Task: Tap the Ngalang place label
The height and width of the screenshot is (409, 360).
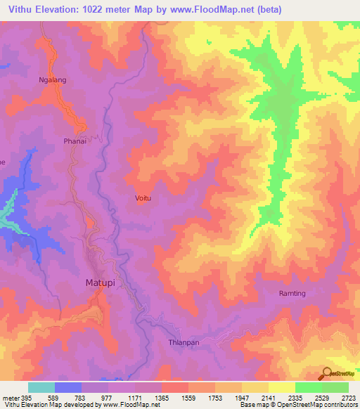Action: [x=52, y=80]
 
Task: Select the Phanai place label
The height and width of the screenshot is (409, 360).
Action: [x=75, y=141]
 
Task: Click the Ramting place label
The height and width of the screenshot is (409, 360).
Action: [x=292, y=293]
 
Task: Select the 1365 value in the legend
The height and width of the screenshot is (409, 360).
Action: [x=160, y=397]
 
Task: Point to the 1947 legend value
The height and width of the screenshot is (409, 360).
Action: [x=241, y=397]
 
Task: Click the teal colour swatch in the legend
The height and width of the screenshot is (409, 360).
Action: [x=41, y=387]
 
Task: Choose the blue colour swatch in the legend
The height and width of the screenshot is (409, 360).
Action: [x=68, y=387]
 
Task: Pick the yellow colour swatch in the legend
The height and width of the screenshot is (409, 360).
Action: [x=281, y=387]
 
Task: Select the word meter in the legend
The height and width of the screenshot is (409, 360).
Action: [x=9, y=397]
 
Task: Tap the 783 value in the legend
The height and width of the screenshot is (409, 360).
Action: [x=79, y=397]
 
